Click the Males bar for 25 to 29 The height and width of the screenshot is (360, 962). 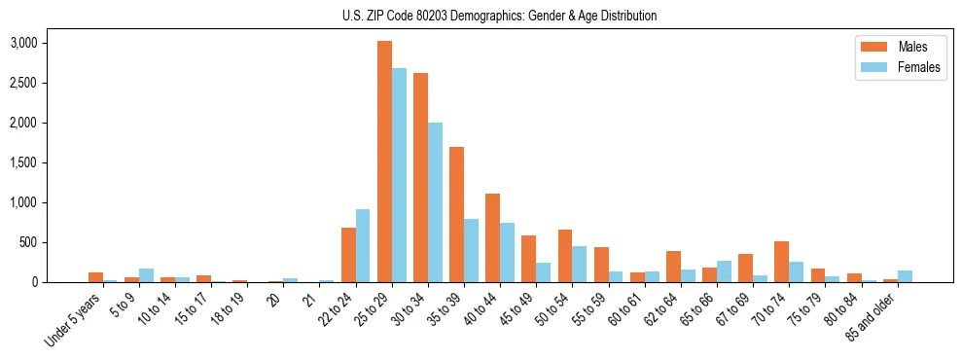385,162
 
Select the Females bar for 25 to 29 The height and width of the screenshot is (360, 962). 399,175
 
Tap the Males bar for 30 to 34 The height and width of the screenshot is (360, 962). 421,177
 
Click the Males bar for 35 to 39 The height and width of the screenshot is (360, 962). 457,214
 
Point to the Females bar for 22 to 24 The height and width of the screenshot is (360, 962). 363,246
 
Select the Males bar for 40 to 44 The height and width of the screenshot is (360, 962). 493,238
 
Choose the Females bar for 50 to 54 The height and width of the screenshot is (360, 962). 580,264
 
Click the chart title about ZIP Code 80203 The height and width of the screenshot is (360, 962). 499,16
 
